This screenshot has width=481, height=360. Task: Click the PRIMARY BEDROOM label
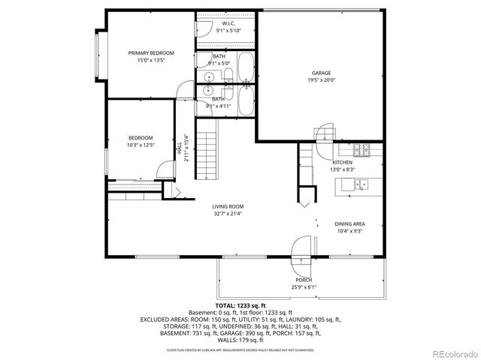pyautogui.click(x=151, y=53)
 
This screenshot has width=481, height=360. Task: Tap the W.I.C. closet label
pyautogui.click(x=229, y=23)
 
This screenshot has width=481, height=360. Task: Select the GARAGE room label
pyautogui.click(x=322, y=73)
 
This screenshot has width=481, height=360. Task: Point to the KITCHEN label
pyautogui.click(x=343, y=162)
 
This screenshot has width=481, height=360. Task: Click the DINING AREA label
pyautogui.click(x=349, y=223)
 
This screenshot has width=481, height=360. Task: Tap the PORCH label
pyautogui.click(x=303, y=280)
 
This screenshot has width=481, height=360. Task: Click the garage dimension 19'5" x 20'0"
pyautogui.click(x=322, y=81)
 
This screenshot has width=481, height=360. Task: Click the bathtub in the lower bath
pyautogui.click(x=245, y=102)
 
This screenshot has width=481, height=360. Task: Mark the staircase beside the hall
pyautogui.click(x=207, y=154)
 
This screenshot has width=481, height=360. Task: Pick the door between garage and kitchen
pyautogui.click(x=325, y=133)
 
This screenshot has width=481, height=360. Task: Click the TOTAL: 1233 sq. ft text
pyautogui.click(x=240, y=306)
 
